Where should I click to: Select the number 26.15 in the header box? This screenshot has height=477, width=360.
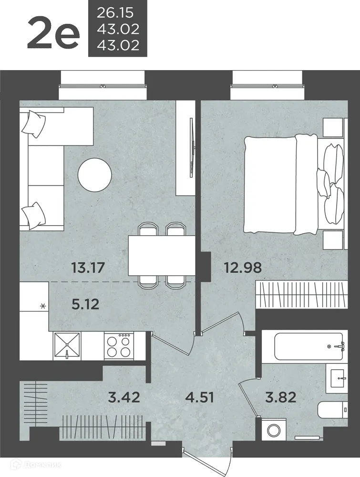115,13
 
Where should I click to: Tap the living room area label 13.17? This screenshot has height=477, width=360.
88,268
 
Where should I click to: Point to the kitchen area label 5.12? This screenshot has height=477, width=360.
85,304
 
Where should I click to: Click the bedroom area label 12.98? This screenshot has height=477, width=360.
243,268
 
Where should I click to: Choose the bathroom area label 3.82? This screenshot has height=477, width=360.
281,397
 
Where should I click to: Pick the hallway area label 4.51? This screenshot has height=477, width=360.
200,397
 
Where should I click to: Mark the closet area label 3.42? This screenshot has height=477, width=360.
124,397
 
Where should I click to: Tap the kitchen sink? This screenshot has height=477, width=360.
67,345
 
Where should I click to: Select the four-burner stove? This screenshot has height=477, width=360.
119,345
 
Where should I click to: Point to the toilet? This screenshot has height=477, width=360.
332,409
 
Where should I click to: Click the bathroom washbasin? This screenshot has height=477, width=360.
337,378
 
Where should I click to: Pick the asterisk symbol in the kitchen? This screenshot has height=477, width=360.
43,306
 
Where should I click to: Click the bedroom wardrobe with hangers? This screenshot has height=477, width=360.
301,295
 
